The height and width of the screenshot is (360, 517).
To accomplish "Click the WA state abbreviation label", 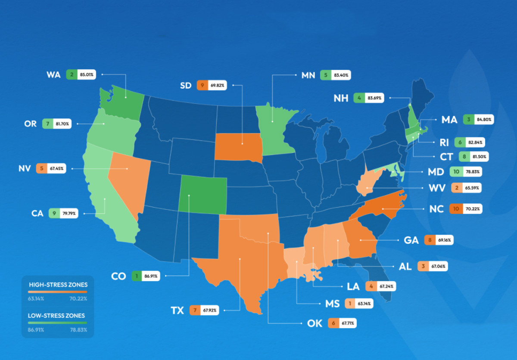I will click(x=54, y=74).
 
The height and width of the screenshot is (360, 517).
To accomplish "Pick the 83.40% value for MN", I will click(x=342, y=74).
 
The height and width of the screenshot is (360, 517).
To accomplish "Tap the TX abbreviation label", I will click(x=177, y=310).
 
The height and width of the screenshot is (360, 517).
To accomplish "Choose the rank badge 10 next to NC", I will click(x=456, y=209).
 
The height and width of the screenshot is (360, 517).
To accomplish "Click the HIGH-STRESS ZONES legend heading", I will click(x=58, y=285).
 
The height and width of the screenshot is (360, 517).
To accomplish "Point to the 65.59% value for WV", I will click(x=472, y=188).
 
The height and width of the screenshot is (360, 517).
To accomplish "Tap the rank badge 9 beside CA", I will click(x=55, y=213).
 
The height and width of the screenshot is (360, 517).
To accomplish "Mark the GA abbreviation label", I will click(x=411, y=240).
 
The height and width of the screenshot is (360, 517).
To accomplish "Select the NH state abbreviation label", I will click(x=341, y=98).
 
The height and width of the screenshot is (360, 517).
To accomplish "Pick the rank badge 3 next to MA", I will click(x=468, y=120).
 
